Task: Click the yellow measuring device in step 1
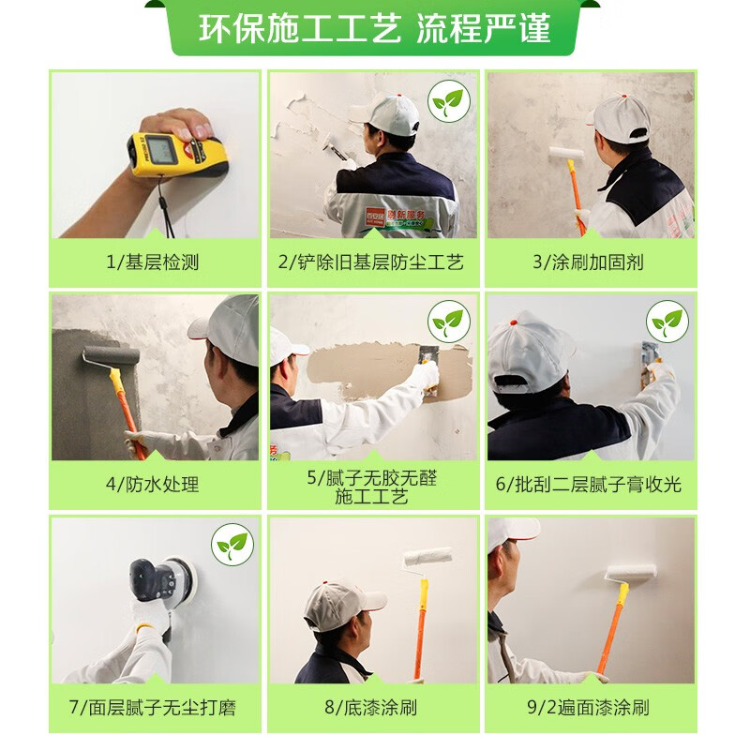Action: point(177,152)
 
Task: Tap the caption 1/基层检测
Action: point(152,262)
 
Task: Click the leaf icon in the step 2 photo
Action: point(449,101)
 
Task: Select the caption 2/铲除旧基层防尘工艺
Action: point(371,262)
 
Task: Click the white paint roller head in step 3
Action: point(566,154)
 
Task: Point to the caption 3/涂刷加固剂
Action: point(589,262)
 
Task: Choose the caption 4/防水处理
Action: point(152,484)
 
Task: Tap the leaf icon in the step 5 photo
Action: point(449,322)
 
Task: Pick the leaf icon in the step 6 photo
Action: point(667,322)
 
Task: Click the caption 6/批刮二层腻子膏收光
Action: point(589,484)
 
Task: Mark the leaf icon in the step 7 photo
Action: point(232,545)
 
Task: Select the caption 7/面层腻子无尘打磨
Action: point(152,708)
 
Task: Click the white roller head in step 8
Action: point(427,557)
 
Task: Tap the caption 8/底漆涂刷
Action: point(371,708)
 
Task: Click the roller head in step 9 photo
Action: point(631,573)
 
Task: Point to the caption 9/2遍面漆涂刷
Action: point(589,708)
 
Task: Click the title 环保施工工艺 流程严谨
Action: point(375,29)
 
